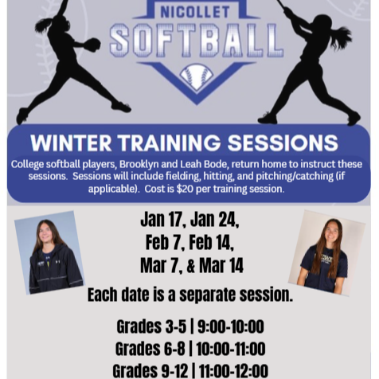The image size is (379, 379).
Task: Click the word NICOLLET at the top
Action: tap(189, 12)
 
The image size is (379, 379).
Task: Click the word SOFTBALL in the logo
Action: tap(196, 41)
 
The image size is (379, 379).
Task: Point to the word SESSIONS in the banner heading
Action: tap(283, 143)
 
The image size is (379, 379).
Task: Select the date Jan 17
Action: tap(162, 220)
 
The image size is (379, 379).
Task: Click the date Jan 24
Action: tap(214, 220)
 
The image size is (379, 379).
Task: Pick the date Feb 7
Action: tap(163, 242)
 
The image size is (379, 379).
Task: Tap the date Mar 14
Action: tap(222, 265)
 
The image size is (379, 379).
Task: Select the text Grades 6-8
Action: tap(150, 350)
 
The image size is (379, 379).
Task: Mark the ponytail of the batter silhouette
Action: tap(341, 37)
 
